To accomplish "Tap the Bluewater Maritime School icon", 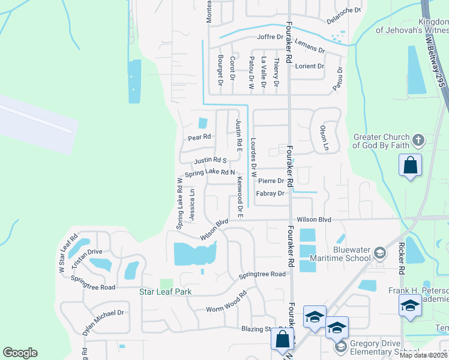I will (379, 252).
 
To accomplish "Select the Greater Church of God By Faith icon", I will (419, 141).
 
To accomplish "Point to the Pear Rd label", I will (199, 137).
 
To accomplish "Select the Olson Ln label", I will (324, 137).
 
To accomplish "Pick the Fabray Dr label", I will (270, 193).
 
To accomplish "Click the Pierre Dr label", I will (271, 181).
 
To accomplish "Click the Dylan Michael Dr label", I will (103, 313).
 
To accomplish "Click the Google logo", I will (20, 353).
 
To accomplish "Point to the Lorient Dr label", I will (310, 66).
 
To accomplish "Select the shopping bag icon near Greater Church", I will (410, 165).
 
